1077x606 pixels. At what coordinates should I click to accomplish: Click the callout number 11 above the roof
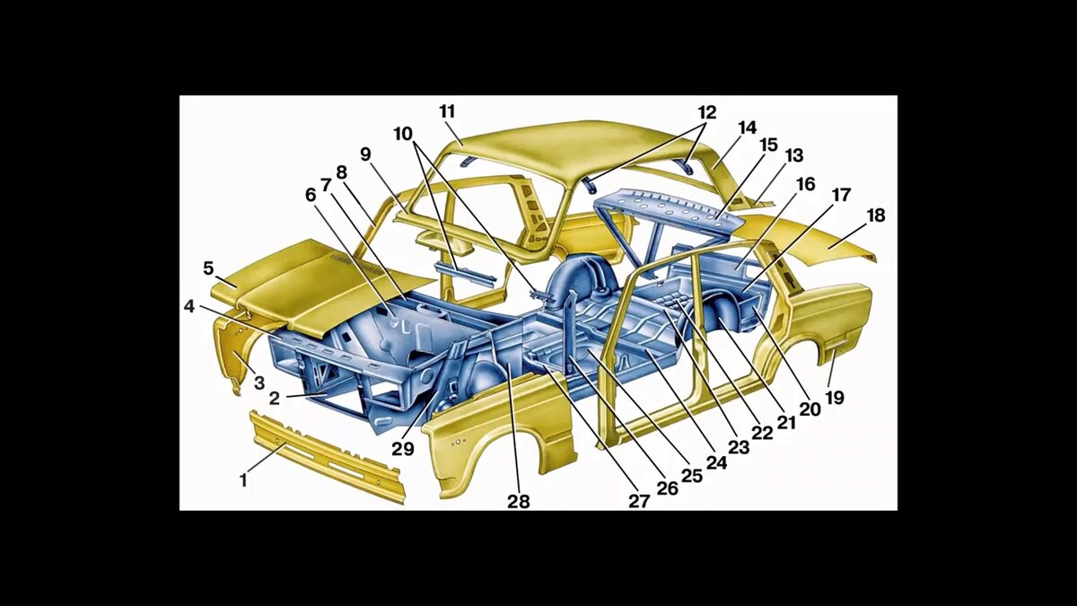pyautogui.click(x=447, y=111)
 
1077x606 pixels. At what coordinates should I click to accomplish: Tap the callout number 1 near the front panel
pyautogui.click(x=244, y=479)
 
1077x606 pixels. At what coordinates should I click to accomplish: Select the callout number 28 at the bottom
pyautogui.click(x=519, y=502)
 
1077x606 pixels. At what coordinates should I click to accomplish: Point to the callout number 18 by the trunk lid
pyautogui.click(x=875, y=215)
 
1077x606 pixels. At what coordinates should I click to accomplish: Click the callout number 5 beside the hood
pyautogui.click(x=207, y=268)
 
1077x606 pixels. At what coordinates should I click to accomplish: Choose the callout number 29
pyautogui.click(x=402, y=448)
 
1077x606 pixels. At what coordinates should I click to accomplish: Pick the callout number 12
pyautogui.click(x=707, y=112)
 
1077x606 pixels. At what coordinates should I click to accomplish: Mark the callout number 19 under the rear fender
pyautogui.click(x=835, y=398)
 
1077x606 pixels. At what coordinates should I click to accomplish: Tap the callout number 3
pyautogui.click(x=259, y=382)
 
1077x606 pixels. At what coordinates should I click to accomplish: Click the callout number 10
pyautogui.click(x=403, y=134)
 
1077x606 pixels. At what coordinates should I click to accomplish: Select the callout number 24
pyautogui.click(x=716, y=462)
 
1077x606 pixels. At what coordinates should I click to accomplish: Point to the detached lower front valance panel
pyautogui.click(x=327, y=456)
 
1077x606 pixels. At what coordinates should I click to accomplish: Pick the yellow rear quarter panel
pyautogui.click(x=818, y=327)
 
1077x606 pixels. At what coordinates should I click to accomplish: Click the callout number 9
pyautogui.click(x=365, y=154)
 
